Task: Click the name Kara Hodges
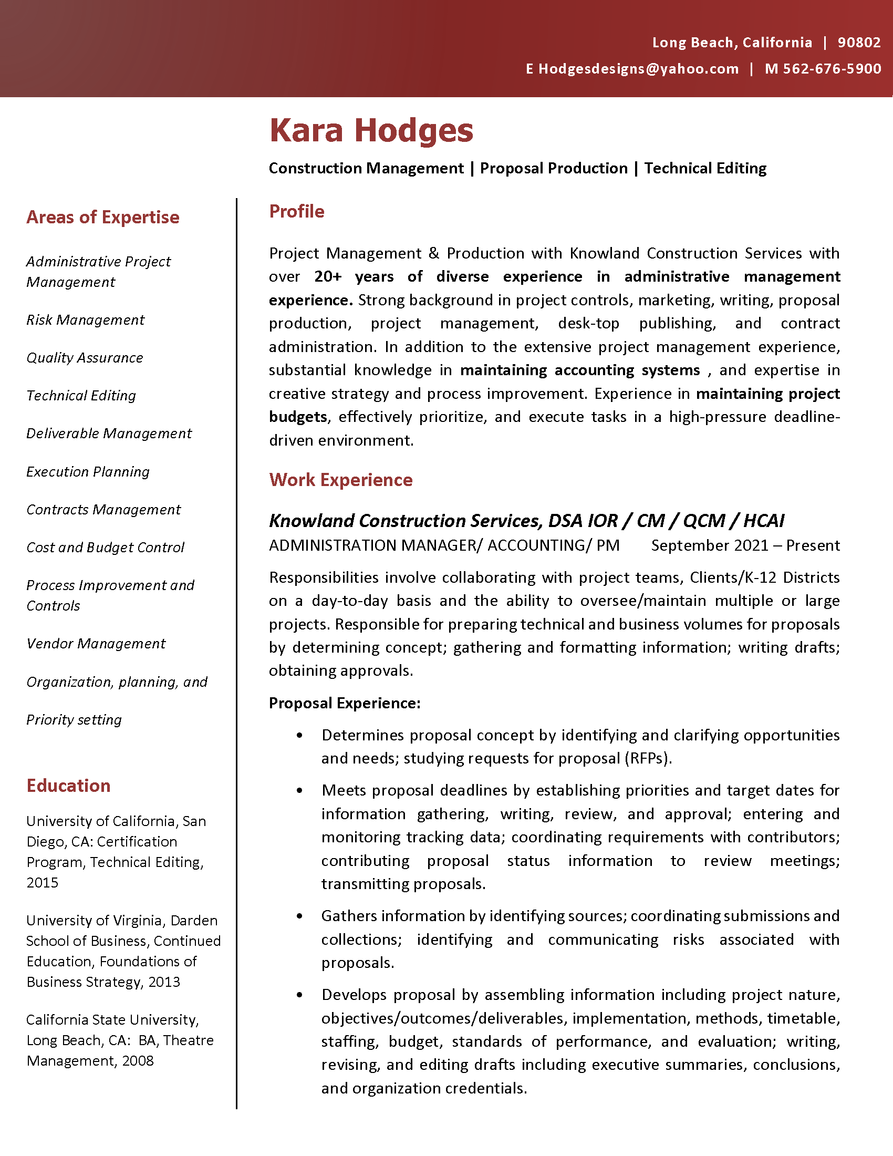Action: click(371, 130)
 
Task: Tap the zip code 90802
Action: click(859, 43)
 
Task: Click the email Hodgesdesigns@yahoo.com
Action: click(638, 69)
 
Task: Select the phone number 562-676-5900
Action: click(832, 69)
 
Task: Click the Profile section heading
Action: click(296, 211)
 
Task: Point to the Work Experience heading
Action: click(340, 480)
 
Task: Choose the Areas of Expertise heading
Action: click(102, 217)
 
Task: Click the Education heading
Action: click(68, 786)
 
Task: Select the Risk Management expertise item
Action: click(85, 319)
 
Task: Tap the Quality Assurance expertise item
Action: click(85, 358)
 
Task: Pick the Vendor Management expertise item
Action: click(96, 644)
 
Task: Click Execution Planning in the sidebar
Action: click(88, 472)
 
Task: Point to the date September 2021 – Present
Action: click(745, 545)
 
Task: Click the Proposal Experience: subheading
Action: click(345, 703)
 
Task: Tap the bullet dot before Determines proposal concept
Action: click(300, 735)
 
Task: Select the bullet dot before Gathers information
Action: click(300, 916)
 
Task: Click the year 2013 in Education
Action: click(164, 982)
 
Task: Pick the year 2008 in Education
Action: click(138, 1061)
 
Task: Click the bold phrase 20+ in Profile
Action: click(327, 276)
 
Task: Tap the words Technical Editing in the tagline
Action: click(704, 168)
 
